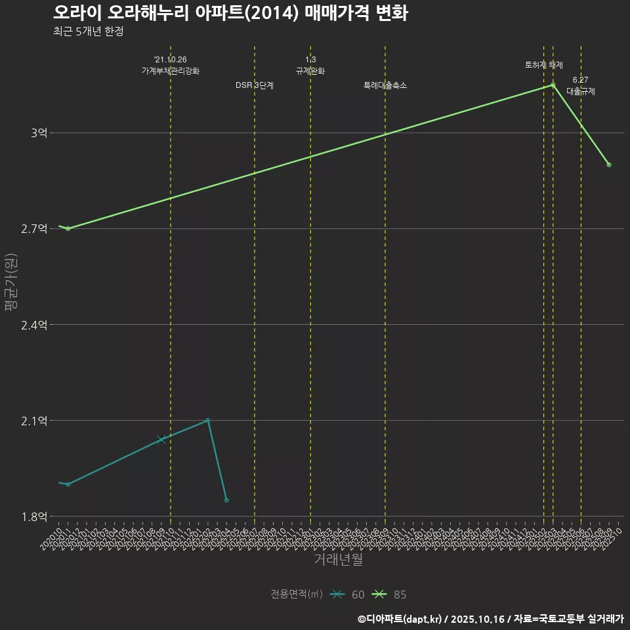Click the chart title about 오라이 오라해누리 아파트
230,12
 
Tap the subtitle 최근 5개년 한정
88,31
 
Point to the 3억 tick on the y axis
39,133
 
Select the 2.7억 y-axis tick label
34,229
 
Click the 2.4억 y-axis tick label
34,325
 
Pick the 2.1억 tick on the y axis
34,421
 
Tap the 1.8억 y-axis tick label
34,516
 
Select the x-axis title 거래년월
338,560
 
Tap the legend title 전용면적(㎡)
296,595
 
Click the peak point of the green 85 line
553,85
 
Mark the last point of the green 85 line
609,165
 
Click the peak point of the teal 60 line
207,420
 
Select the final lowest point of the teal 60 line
226,500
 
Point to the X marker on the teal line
161,440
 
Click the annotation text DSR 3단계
255,85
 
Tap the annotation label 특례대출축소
385,85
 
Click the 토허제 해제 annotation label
544,65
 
